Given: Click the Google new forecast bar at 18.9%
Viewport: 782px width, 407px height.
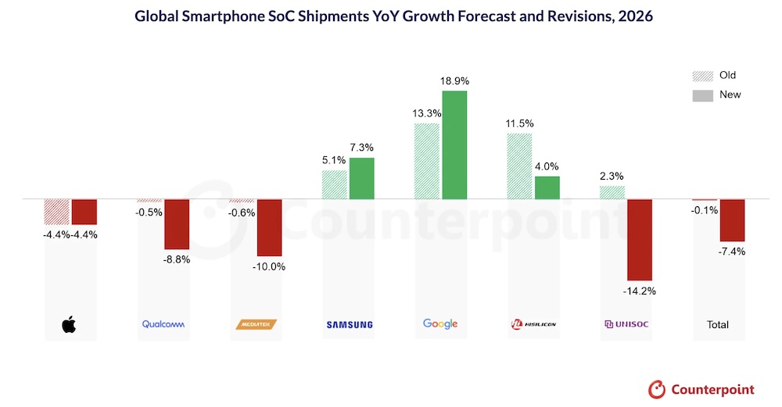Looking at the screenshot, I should pyautogui.click(x=454, y=145).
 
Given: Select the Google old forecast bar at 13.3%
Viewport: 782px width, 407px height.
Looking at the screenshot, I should pyautogui.click(x=426, y=161).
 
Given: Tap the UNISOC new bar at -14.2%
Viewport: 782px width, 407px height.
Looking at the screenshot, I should pyautogui.click(x=639, y=240).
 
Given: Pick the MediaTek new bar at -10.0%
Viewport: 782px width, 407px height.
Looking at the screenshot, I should pyautogui.click(x=270, y=227).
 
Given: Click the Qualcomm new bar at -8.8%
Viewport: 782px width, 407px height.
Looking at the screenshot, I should pyautogui.click(x=176, y=224).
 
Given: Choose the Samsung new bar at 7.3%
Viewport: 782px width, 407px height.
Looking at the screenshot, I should pyautogui.click(x=361, y=178).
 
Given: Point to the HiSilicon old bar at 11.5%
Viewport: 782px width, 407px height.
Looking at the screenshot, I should pyautogui.click(x=519, y=166).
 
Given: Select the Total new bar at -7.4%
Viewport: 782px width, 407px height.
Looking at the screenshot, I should pyautogui.click(x=733, y=220).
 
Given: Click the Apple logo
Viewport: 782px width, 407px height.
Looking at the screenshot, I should pyautogui.click(x=70, y=324).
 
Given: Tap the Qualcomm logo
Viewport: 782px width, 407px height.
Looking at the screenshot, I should pyautogui.click(x=163, y=324).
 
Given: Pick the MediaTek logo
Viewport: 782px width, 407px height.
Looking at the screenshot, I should pyautogui.click(x=256, y=324).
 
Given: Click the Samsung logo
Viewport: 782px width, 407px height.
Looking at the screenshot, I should pyautogui.click(x=348, y=324).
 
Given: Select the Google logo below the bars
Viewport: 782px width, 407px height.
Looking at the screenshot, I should pyautogui.click(x=439, y=323).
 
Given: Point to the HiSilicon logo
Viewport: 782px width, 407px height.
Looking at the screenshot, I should pyautogui.click(x=533, y=324).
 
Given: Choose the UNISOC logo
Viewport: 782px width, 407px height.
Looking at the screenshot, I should pyautogui.click(x=626, y=324).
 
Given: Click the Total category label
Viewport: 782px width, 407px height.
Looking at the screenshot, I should pyautogui.click(x=718, y=324).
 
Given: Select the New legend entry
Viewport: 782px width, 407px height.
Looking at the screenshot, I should pyautogui.click(x=717, y=95).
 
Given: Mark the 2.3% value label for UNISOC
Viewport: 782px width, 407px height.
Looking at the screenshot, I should pyautogui.click(x=612, y=175).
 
